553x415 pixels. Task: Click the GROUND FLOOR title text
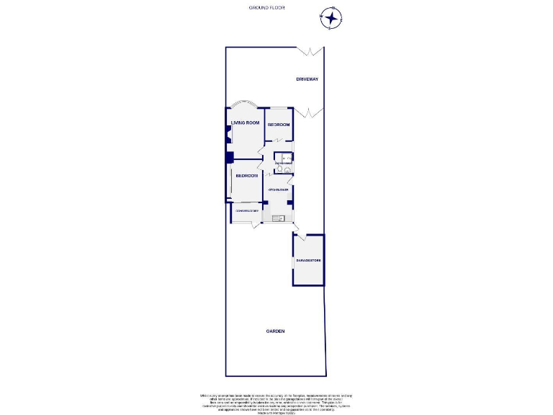point(267,7)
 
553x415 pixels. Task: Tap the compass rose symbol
point(331,18)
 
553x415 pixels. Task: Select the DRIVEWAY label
point(307,79)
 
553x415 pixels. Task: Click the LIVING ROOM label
point(245,122)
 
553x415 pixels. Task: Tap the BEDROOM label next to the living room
point(279,125)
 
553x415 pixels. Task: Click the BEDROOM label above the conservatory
point(246,176)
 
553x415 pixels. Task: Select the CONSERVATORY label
point(246,210)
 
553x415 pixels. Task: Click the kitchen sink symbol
point(279,218)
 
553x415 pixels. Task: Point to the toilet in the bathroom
point(280,169)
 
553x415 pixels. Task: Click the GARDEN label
point(275,331)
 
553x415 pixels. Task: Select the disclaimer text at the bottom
point(276,403)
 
